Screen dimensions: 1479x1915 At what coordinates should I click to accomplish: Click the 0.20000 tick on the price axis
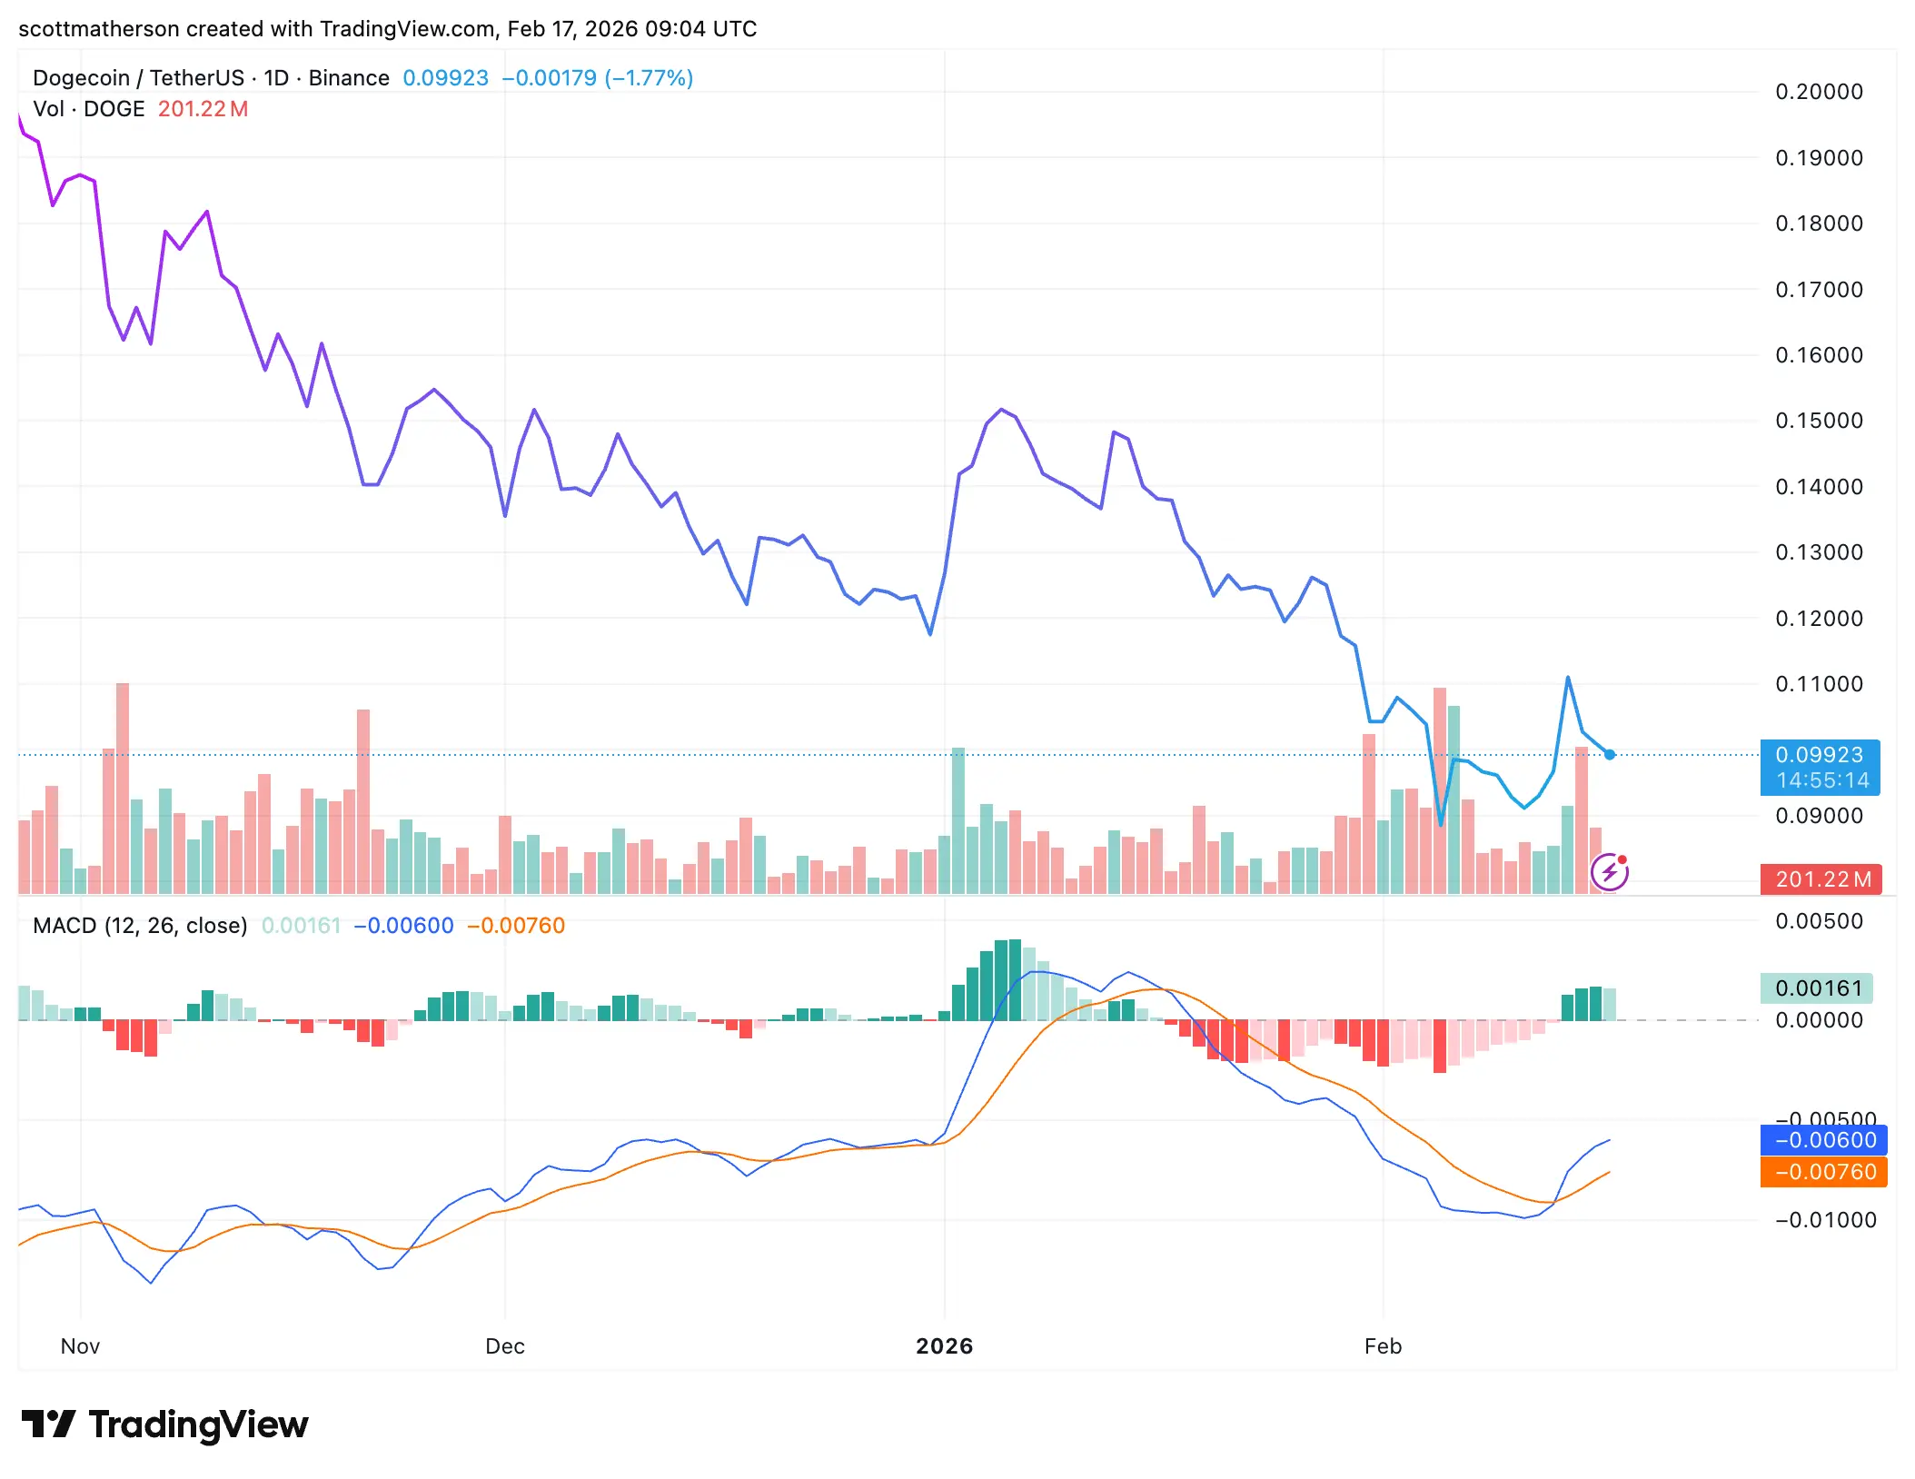point(1818,92)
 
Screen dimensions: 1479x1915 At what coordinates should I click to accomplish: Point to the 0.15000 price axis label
point(1818,421)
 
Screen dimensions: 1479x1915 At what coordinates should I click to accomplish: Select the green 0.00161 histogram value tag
point(1816,988)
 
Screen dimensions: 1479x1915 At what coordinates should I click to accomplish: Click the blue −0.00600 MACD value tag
point(1823,1140)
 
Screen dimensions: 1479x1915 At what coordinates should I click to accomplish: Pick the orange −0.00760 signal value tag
point(1823,1172)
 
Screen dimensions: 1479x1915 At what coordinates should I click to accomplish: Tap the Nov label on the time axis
point(80,1346)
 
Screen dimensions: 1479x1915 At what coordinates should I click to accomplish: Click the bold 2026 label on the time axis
point(944,1346)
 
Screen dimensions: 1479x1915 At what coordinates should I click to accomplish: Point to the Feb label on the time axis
point(1383,1346)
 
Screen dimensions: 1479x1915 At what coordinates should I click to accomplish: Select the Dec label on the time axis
point(505,1346)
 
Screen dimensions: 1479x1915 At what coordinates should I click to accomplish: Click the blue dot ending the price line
point(1610,754)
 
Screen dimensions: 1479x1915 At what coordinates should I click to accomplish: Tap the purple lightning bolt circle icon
point(1610,873)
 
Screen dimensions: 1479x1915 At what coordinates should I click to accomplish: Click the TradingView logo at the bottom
point(164,1424)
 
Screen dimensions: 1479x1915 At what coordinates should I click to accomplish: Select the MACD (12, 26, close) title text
point(140,926)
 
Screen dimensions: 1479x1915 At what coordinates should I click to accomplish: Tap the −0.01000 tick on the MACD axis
point(1825,1220)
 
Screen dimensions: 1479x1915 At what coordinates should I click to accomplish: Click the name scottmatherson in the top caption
point(98,29)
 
